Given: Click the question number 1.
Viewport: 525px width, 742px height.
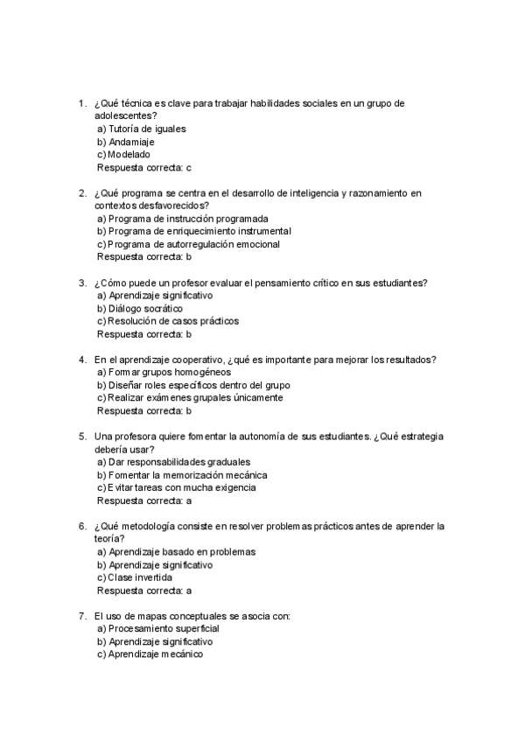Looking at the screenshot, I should pos(81,103).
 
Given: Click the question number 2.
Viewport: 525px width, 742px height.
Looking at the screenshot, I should pos(81,192).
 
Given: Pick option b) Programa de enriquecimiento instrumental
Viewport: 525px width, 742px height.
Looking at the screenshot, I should pos(193,231).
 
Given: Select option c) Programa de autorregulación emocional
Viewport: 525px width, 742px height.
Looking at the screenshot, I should pos(188,244).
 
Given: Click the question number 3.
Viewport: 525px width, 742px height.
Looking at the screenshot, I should pos(81,283).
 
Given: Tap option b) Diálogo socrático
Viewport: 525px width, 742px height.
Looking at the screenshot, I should pos(139,308).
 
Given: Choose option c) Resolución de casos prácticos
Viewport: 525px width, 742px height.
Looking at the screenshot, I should pos(167,321).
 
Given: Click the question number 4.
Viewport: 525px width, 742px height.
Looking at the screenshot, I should pos(81,360).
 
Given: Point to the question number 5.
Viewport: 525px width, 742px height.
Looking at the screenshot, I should pos(81,436).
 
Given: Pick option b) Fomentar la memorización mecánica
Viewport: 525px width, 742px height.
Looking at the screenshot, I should pos(182,474).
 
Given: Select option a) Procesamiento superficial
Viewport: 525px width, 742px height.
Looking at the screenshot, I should pos(157,628).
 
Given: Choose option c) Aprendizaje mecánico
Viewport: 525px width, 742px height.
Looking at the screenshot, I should pos(150,654).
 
